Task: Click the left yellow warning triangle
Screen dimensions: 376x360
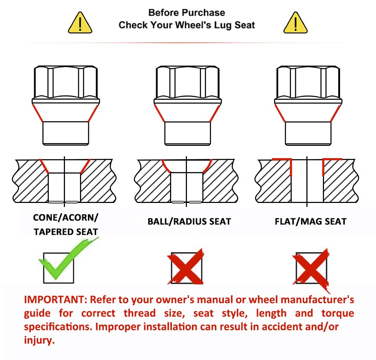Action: pos(80,23)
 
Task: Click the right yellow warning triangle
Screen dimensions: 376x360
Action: pos(295,23)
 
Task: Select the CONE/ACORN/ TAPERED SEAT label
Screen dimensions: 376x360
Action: pos(66,224)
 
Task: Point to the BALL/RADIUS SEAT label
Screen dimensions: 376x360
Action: pos(189,221)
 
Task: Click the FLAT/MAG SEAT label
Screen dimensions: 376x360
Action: pos(311,221)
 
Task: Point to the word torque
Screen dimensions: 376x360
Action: pos(338,313)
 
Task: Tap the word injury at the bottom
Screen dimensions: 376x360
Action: pos(39,341)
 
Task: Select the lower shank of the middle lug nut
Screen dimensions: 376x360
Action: pos(188,133)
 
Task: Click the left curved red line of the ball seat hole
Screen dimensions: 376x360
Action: pos(165,167)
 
